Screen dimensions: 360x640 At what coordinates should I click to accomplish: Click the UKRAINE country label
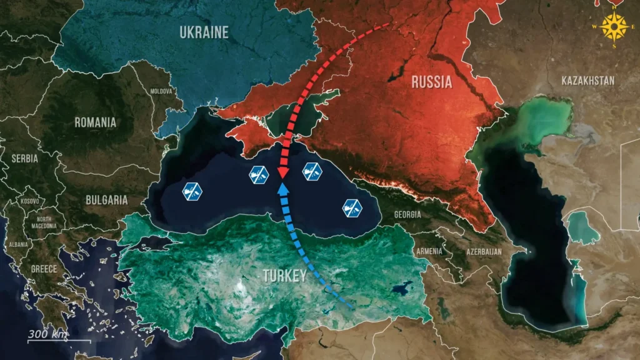click(204, 32)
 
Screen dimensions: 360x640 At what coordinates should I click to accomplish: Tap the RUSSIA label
click(432, 81)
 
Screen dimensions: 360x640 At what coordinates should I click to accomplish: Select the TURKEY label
click(284, 276)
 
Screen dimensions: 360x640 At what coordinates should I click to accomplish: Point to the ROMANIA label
click(95, 122)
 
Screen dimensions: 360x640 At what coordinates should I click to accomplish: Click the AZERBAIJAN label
click(483, 251)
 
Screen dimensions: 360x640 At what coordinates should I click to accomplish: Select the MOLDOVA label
click(161, 91)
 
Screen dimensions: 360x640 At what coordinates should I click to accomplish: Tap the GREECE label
click(44, 269)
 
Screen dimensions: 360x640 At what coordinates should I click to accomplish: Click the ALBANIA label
click(18, 244)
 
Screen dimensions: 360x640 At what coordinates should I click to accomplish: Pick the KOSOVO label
click(30, 201)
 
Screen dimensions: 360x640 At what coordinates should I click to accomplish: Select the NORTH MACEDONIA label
click(44, 223)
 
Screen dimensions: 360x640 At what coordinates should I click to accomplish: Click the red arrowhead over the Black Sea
click(282, 172)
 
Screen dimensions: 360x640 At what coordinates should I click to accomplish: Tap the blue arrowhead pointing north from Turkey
click(282, 187)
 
